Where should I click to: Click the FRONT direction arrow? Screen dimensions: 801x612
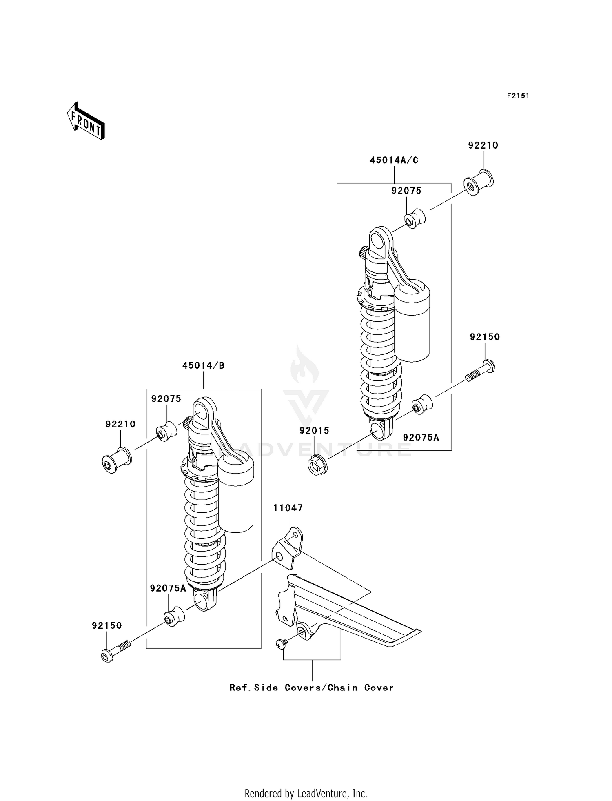86,121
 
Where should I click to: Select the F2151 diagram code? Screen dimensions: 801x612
518,96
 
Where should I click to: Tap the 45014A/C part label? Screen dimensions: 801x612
394,160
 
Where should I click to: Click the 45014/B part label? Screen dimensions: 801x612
203,365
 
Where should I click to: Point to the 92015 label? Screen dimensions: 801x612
314,430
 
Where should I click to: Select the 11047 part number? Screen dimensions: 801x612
288,508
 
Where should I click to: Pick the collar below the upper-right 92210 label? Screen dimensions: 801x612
478,183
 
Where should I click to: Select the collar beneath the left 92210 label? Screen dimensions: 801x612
116,460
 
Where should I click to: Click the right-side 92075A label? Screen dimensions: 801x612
421,437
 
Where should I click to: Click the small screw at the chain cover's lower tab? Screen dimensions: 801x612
280,643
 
